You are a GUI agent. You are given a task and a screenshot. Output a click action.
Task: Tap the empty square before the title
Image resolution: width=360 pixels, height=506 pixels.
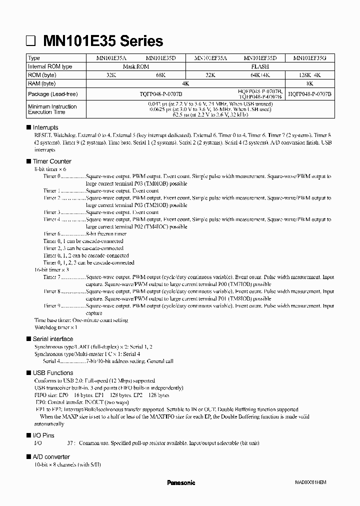30,41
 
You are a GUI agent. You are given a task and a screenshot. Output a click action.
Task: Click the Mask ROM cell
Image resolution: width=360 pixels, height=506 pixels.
136,66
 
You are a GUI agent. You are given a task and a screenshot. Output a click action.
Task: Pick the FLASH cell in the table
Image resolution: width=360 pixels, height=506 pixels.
260,66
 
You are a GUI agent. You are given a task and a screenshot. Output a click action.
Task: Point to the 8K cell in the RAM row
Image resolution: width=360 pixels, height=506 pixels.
310,83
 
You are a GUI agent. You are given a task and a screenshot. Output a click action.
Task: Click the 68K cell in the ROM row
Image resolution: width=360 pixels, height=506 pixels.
161,75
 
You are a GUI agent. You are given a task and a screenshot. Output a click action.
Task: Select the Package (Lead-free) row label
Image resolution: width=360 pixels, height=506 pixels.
52,94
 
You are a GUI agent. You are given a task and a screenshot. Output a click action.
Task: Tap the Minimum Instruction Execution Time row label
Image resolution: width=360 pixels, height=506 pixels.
52,109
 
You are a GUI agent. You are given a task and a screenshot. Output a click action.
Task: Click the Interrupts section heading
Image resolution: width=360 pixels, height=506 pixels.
45,128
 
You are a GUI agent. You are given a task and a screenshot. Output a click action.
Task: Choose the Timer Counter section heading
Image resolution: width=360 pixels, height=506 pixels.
52,161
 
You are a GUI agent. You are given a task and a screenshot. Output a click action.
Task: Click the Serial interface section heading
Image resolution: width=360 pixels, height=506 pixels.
52,339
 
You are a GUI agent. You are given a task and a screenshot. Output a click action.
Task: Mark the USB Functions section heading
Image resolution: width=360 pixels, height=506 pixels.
52,373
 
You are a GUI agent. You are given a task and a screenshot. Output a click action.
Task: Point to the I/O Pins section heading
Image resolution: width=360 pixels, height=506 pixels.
43,436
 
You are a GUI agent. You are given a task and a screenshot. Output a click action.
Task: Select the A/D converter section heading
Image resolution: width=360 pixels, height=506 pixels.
51,457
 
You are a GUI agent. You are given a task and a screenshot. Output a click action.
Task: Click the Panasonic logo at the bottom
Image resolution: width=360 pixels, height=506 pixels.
180,483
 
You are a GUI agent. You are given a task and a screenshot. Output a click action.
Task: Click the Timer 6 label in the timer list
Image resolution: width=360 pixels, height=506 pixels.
51,233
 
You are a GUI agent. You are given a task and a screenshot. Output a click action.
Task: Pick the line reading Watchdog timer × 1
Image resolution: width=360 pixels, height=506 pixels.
55,327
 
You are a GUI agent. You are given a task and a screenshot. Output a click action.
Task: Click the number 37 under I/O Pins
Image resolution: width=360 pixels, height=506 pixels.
71,443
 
